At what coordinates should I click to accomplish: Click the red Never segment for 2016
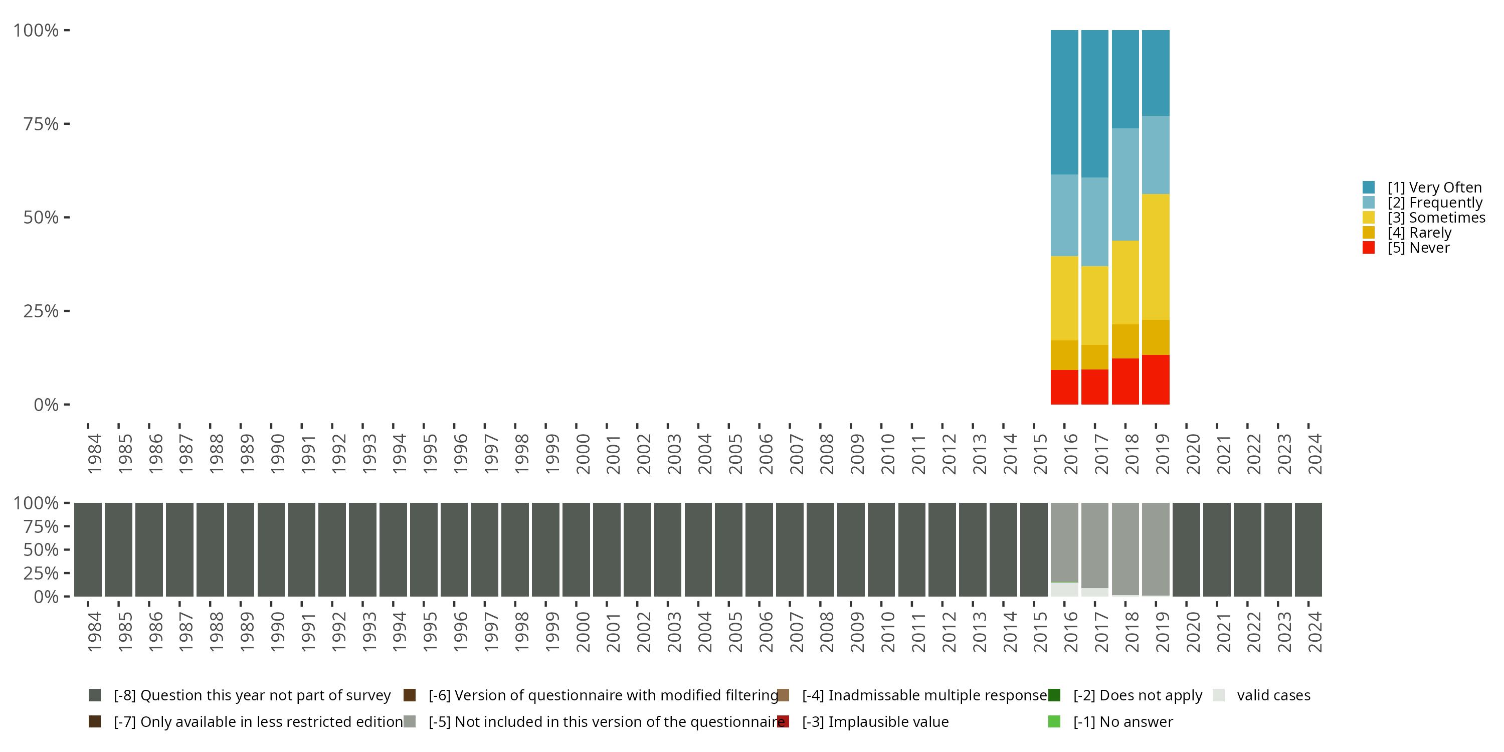[1064, 387]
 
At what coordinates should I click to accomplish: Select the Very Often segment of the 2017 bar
[1095, 103]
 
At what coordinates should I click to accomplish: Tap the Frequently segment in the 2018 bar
[1125, 184]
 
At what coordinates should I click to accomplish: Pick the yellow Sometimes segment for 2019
[1156, 256]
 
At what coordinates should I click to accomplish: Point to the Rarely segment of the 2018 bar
[1125, 341]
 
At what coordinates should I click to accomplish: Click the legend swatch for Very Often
[1369, 187]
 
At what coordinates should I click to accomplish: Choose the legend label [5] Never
[1418, 248]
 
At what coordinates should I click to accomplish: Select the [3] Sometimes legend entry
[1436, 218]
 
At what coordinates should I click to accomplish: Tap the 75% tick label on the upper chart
[41, 124]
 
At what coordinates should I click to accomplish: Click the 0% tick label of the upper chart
[46, 405]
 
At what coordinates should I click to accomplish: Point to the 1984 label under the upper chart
[95, 454]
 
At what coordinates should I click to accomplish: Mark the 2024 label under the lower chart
[1314, 632]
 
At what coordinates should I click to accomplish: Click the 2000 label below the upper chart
[583, 454]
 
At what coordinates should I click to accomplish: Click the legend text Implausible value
[888, 721]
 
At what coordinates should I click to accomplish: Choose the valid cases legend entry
[1273, 695]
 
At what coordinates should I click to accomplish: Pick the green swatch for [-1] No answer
[1054, 721]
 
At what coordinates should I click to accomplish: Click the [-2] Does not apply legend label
[1138, 695]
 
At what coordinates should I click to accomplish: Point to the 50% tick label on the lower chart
[41, 549]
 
